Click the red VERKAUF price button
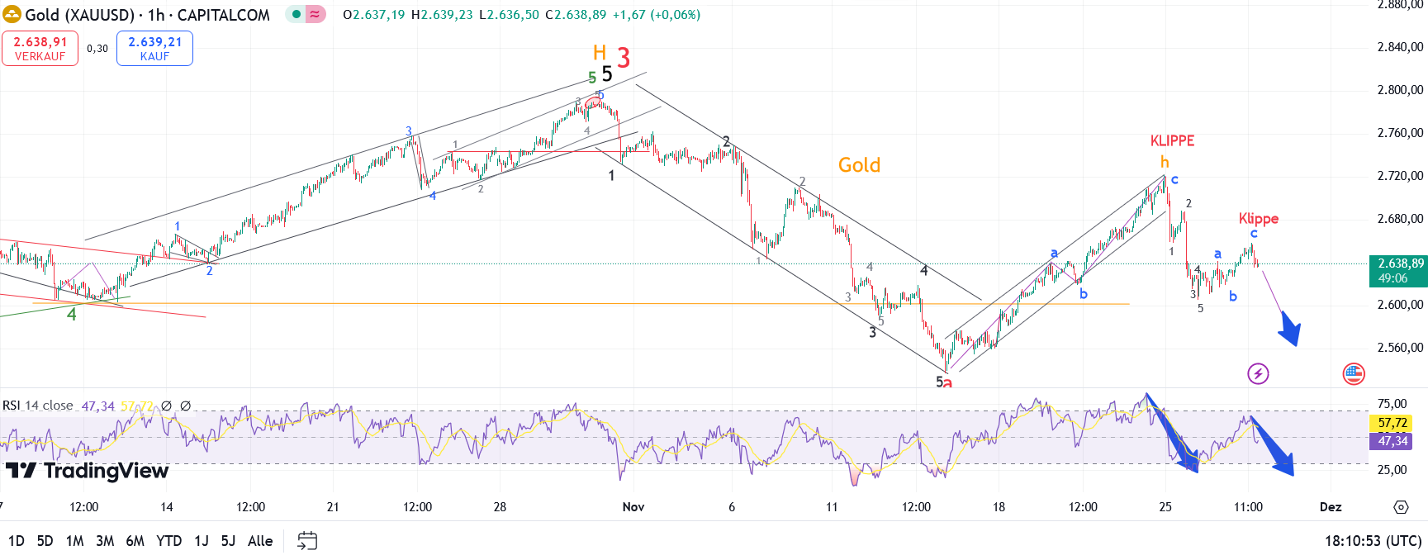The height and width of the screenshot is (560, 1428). coord(40,48)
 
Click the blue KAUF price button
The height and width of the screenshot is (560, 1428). coord(154,48)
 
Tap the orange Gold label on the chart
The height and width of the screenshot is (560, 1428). coord(859,165)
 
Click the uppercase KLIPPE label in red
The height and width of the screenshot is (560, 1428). coord(1172,140)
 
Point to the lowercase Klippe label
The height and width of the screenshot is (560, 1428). coord(1258,218)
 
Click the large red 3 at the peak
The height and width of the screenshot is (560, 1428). coord(624,58)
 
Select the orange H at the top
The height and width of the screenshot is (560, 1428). coord(600,53)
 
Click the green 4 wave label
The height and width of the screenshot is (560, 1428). coord(72,315)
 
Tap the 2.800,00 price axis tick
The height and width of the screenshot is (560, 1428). coord(1400,90)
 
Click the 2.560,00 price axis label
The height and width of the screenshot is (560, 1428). coord(1400,348)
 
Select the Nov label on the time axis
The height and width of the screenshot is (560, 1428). coord(633,507)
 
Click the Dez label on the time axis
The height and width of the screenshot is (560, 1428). coord(1330,507)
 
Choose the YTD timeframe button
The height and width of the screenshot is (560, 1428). coord(168,541)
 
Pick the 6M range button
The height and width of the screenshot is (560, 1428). coord(135,541)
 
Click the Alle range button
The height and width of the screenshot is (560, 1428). coord(260,541)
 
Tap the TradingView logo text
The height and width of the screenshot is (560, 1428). coord(106,471)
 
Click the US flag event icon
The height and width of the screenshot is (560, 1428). coord(1354,374)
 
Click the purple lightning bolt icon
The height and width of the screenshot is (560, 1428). coord(1257,374)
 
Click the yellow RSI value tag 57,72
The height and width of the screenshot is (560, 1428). coord(1392,423)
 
